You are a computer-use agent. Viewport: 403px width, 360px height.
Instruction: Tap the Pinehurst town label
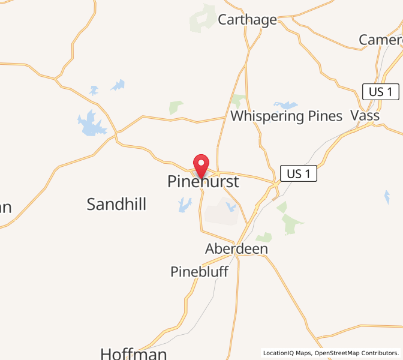point(203,182)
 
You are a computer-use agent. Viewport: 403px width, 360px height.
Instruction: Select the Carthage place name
point(247,20)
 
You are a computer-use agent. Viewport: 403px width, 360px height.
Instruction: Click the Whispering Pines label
point(286,116)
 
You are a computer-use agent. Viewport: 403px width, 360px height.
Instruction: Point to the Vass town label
point(365,115)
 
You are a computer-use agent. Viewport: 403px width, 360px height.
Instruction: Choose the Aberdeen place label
point(236,248)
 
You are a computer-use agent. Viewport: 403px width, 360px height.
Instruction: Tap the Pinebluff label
point(199,272)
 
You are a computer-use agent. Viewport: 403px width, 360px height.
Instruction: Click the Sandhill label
point(116,204)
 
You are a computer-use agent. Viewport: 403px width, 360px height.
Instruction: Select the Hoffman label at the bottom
point(133,353)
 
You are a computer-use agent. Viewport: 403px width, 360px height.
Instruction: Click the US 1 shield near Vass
point(381,92)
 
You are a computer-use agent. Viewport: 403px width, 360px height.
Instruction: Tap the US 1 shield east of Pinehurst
point(298,174)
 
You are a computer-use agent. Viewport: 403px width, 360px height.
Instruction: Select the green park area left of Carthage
point(202,19)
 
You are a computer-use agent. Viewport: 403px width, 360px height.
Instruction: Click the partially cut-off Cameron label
point(381,40)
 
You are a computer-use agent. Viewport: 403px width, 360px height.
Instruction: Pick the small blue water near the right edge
point(387,196)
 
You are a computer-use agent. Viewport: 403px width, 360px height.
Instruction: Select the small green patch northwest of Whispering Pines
point(176,107)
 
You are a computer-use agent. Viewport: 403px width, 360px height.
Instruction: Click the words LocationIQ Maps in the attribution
point(287,353)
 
